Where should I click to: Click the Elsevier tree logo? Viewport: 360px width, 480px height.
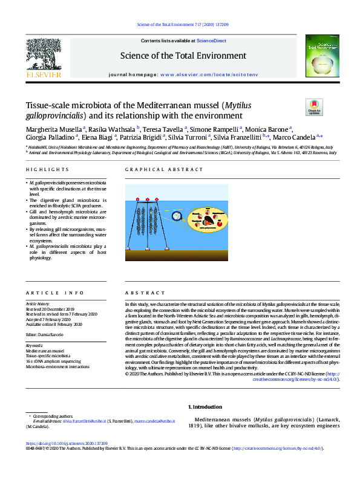[43, 57]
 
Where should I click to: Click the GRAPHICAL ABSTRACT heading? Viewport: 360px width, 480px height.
[156, 170]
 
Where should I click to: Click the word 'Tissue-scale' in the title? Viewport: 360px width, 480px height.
[48, 105]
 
